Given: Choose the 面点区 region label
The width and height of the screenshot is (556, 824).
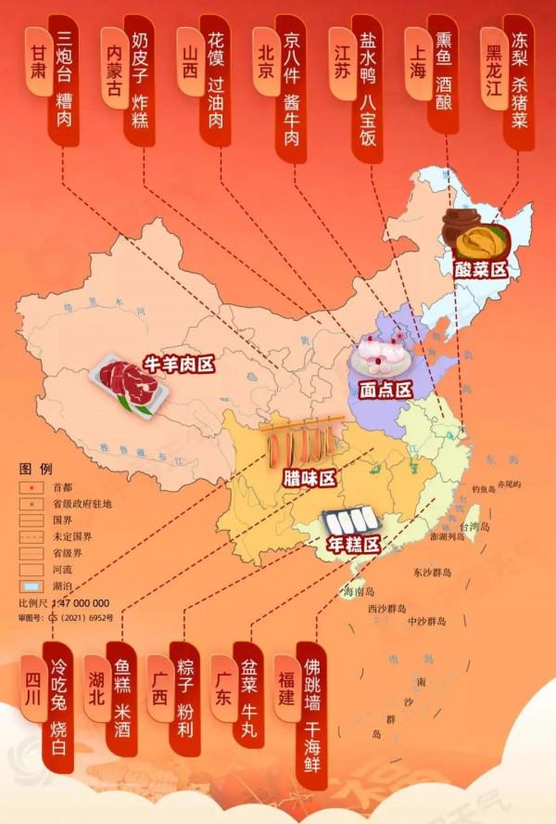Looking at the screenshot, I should click(x=385, y=390).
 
